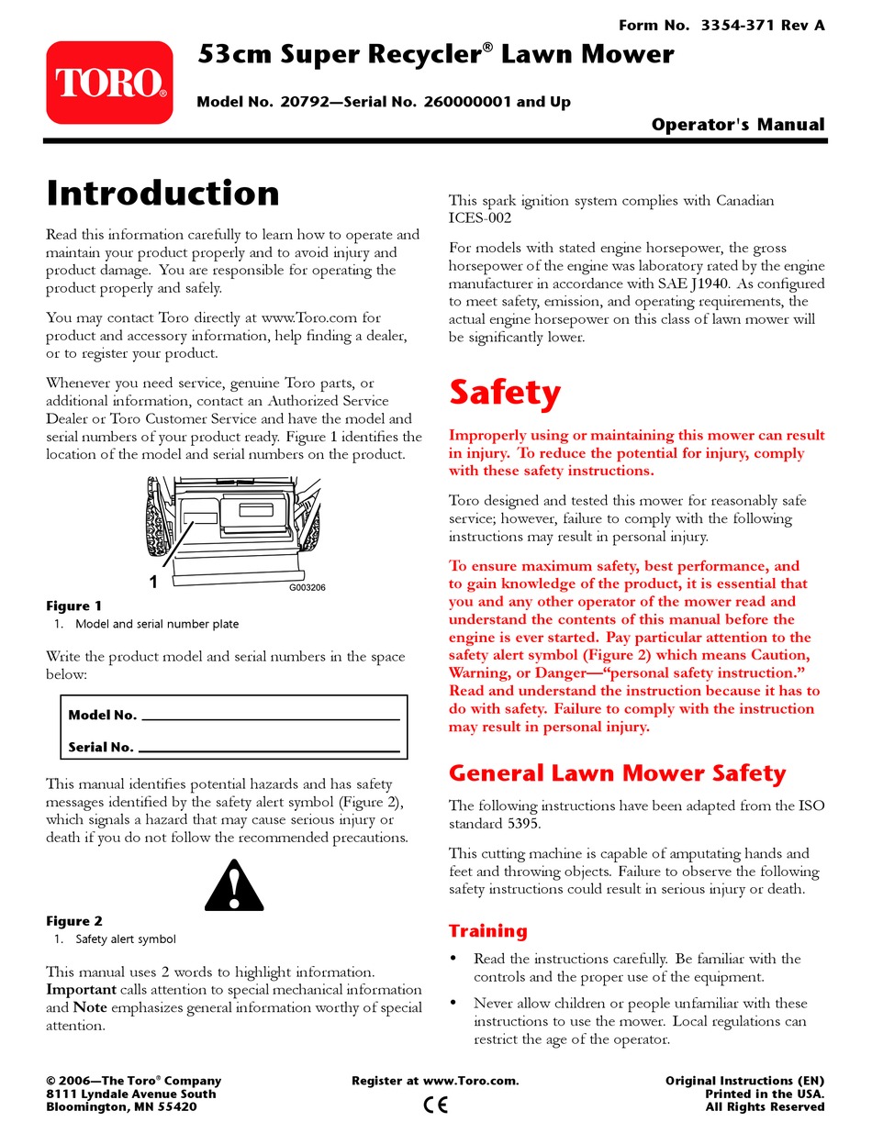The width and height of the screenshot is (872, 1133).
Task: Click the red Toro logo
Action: (x=109, y=83)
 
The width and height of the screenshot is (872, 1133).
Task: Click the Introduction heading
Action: (x=162, y=194)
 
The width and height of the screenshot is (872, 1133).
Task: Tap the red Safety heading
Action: (x=504, y=393)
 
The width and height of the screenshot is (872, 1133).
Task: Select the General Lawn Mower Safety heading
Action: (x=617, y=773)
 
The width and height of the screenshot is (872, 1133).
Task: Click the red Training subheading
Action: (x=487, y=931)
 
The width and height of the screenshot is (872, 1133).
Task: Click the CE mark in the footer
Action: (x=435, y=1105)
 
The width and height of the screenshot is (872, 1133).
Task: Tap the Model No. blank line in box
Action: (x=271, y=716)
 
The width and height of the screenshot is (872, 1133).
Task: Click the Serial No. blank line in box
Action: (x=269, y=749)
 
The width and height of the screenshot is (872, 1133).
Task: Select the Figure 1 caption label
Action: (x=74, y=605)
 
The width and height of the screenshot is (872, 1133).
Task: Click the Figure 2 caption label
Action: (x=74, y=921)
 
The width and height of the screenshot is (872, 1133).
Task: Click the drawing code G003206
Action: (x=307, y=588)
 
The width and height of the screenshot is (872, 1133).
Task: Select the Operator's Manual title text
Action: (x=738, y=125)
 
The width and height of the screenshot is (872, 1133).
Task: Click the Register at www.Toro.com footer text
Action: (x=435, y=1081)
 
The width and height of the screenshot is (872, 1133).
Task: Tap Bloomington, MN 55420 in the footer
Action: (x=121, y=1106)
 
